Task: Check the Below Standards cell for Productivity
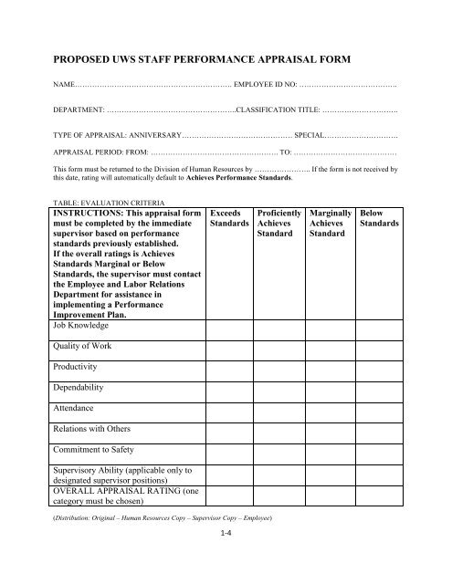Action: point(380,388)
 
